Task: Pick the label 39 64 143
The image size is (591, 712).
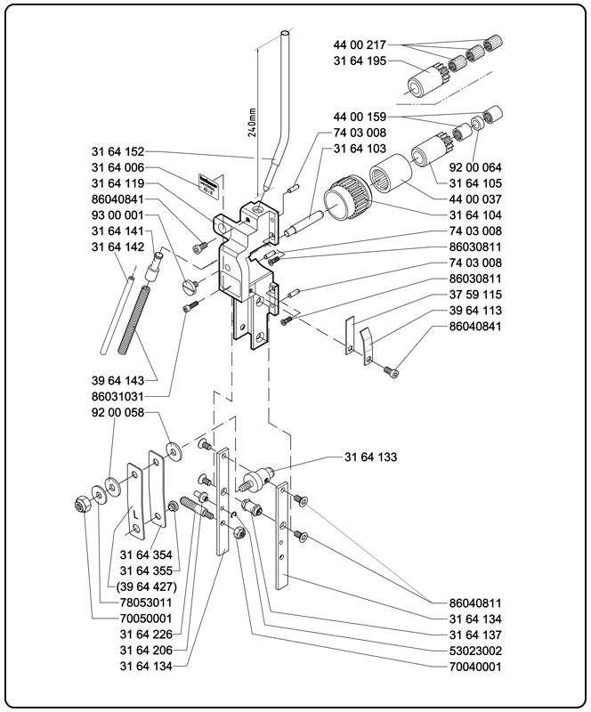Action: pyautogui.click(x=117, y=380)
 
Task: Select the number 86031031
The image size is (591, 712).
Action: pyautogui.click(x=117, y=394)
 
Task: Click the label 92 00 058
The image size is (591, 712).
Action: pyautogui.click(x=117, y=413)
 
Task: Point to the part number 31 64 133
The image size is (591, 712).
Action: pyautogui.click(x=370, y=457)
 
